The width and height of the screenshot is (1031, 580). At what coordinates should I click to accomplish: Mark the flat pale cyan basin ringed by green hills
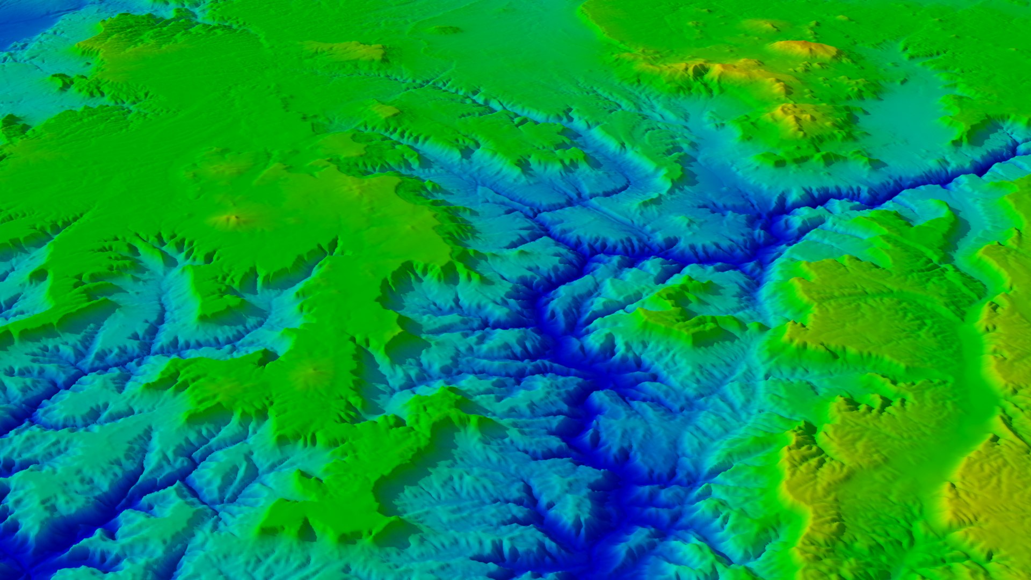[902, 107]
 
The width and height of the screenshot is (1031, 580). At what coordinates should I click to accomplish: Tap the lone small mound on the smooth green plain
[443, 30]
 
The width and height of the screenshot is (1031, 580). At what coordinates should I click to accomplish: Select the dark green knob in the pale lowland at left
[62, 81]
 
